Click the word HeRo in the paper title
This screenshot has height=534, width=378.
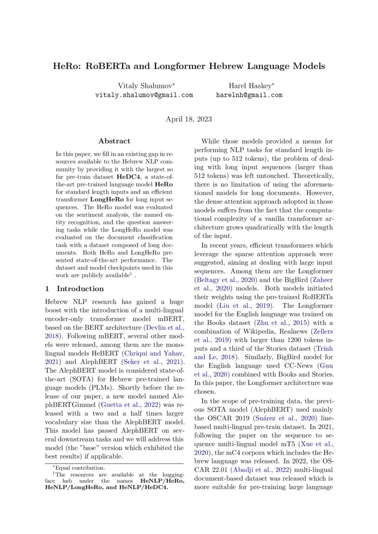tap(64, 66)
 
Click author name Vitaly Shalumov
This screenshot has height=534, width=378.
tap(142, 85)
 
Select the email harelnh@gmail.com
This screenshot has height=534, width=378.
tap(249, 95)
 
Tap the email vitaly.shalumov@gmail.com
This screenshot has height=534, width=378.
tap(144, 95)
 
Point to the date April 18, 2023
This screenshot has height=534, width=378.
tap(189, 119)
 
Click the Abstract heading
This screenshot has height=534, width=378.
tap(114, 141)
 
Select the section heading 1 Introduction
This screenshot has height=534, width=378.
tap(75, 289)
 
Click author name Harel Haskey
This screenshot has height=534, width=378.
tap(249, 85)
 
